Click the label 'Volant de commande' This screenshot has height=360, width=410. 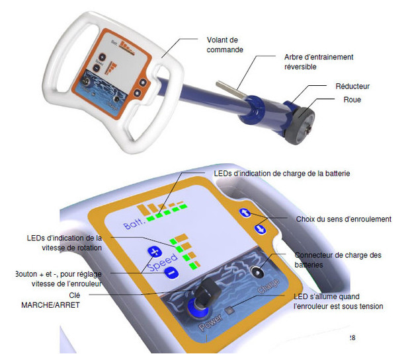click(225, 45)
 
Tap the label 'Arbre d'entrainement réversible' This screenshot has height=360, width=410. click(319, 61)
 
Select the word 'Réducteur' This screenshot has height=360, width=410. click(352, 87)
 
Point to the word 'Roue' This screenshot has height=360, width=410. click(352, 100)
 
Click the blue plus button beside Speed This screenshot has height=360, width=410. click(155, 252)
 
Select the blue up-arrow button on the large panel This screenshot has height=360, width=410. click(245, 213)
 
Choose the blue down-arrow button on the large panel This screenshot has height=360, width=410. click(260, 229)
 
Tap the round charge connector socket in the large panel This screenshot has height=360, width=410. click(257, 273)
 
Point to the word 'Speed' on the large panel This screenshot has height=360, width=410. click(163, 262)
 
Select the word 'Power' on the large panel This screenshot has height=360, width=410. click(210, 323)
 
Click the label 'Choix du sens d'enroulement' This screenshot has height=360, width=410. click(344, 219)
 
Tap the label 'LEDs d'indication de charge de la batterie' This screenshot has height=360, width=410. click(282, 174)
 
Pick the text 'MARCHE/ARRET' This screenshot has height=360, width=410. click(50, 305)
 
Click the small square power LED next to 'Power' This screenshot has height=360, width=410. click(230, 310)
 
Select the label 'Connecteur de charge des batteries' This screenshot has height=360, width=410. click(338, 260)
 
